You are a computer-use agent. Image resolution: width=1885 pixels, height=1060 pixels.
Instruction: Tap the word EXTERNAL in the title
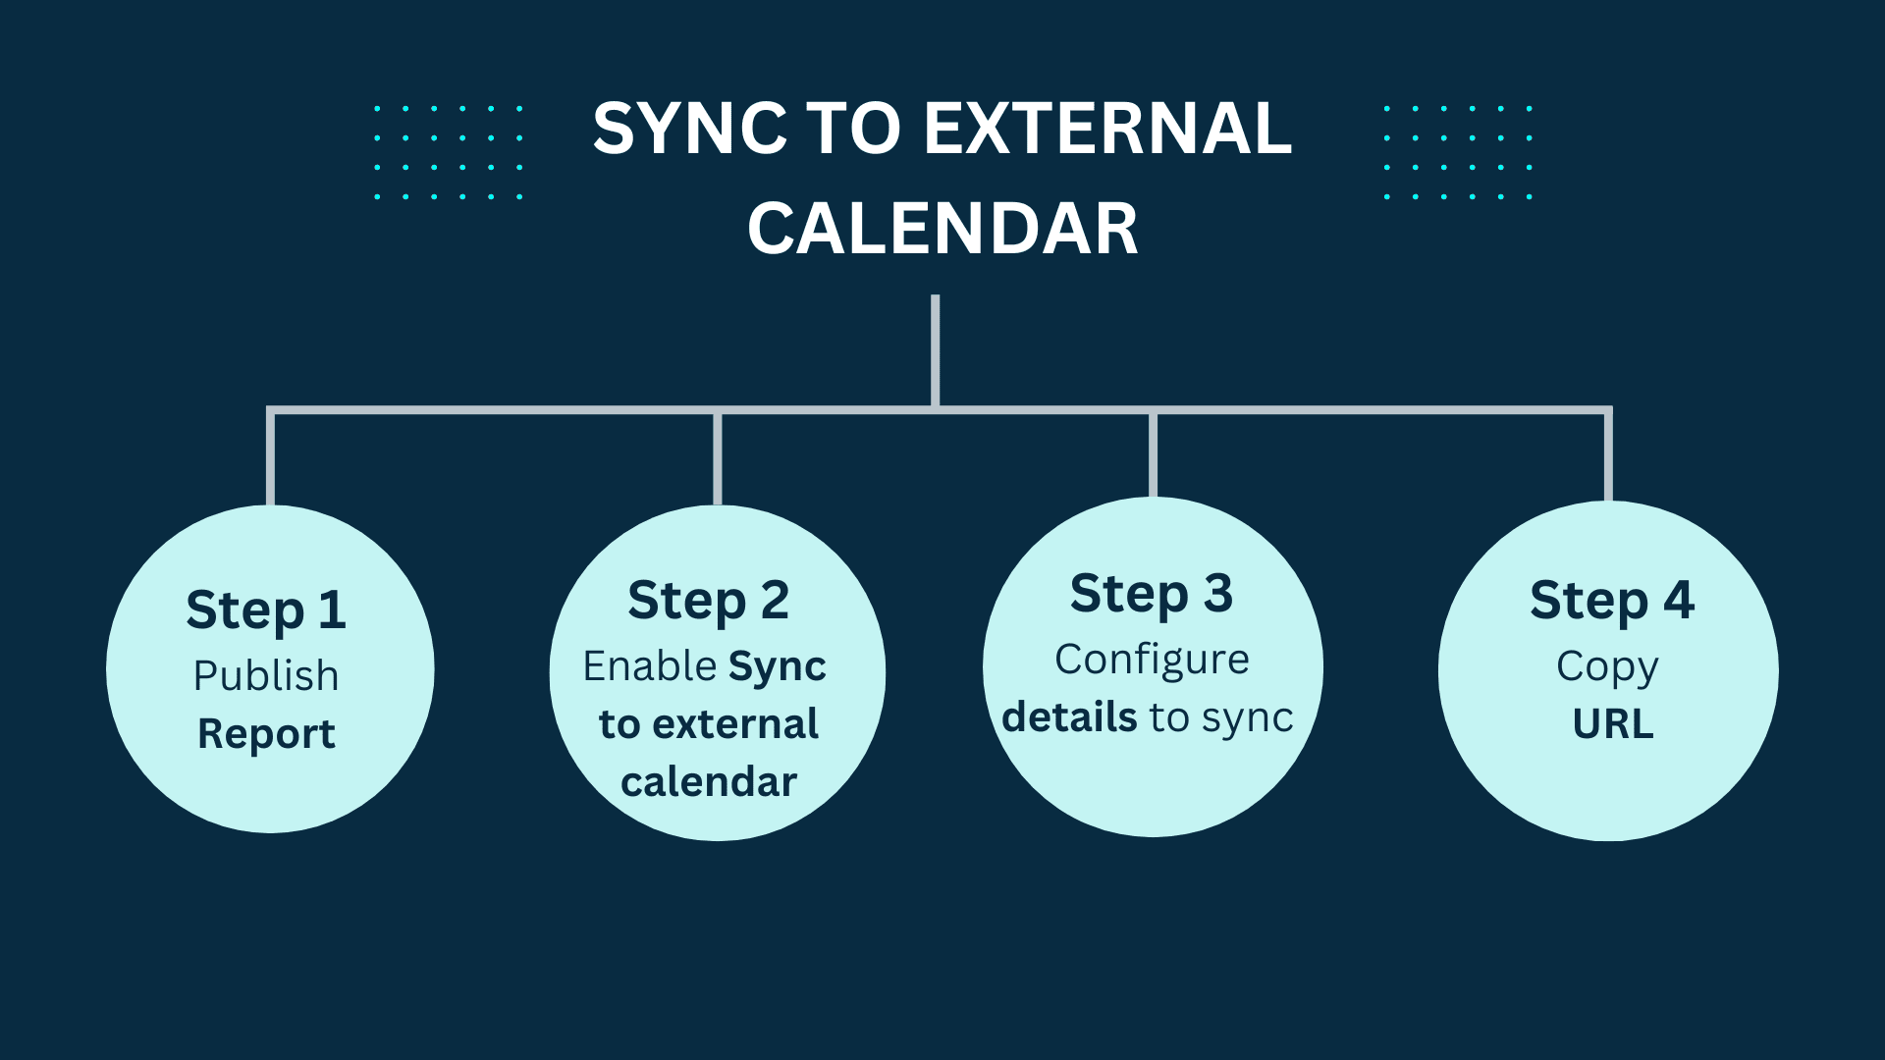pos(1107,129)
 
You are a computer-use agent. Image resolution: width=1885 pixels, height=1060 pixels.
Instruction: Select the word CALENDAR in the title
pos(942,229)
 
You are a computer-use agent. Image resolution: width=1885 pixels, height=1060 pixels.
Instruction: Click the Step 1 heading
pos(266,610)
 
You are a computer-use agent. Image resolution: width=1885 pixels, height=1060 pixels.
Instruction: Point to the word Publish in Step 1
pos(266,675)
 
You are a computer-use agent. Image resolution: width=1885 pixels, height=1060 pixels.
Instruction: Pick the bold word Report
pos(266,734)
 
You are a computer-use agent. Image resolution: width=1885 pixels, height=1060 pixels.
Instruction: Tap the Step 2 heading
pos(708,601)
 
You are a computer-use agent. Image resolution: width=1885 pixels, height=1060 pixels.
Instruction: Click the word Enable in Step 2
pos(649,665)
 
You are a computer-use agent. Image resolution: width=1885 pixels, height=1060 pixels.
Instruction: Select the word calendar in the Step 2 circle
pos(709,782)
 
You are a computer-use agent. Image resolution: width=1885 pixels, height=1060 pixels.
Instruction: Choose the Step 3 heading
pos(1152,594)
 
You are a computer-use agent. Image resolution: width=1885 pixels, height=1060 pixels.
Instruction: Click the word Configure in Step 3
pos(1152,661)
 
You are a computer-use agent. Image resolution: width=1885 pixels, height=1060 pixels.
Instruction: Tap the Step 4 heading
pos(1612,600)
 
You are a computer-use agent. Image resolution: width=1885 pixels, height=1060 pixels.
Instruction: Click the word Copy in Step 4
pos(1607,667)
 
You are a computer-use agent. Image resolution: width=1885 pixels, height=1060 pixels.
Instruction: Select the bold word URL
pos(1613,724)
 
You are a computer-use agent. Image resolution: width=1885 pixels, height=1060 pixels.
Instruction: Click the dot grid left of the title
pos(448,152)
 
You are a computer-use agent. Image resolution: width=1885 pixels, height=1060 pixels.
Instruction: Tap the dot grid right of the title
pos(1458,152)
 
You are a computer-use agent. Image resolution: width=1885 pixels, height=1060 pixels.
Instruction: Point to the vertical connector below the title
pos(936,350)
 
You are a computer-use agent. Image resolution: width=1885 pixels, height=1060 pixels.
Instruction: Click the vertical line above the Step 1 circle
pos(270,457)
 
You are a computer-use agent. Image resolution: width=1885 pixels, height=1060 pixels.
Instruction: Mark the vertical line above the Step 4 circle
pos(1608,455)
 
